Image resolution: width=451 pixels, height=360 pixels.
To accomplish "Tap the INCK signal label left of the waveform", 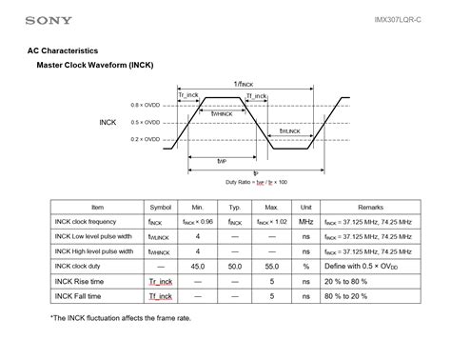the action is [x=108, y=123].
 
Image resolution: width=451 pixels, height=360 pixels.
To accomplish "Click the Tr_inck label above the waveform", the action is [x=188, y=96].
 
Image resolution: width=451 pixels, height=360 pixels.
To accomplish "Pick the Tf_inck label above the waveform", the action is [x=256, y=96].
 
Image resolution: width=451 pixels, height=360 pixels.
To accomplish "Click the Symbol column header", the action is [x=159, y=207].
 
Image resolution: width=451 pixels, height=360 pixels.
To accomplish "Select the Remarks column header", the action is [x=370, y=207].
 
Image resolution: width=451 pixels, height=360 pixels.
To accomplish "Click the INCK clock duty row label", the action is [x=83, y=267].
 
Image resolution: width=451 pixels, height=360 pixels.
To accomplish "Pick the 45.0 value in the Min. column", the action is [x=198, y=267].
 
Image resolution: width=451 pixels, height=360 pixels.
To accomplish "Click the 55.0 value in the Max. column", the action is [x=271, y=267].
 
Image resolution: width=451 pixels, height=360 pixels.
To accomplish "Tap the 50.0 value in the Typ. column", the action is [x=234, y=267].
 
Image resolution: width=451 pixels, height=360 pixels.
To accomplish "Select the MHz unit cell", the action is [x=305, y=221].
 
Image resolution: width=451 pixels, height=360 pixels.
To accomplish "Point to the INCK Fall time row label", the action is [x=81, y=296].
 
